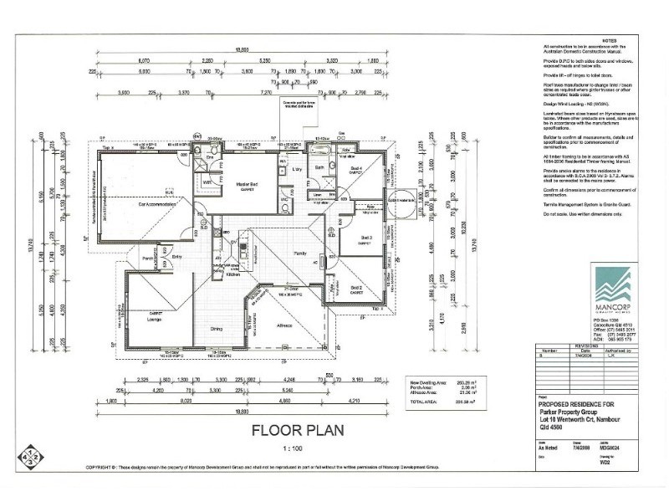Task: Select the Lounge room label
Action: coord(154,320)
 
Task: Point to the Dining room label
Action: coord(216,329)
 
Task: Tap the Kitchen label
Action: coord(233,274)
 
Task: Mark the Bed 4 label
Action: coord(356,169)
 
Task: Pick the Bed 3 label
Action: coord(365,238)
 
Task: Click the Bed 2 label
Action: coord(355,288)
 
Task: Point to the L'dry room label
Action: coord(296,169)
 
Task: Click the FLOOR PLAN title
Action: coord(287,433)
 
